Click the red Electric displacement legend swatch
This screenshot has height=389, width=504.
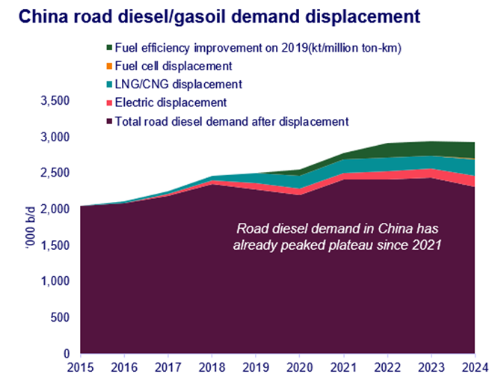point(111,102)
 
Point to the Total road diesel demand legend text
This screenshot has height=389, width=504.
point(233,120)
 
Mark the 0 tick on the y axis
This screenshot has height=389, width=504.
point(66,353)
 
